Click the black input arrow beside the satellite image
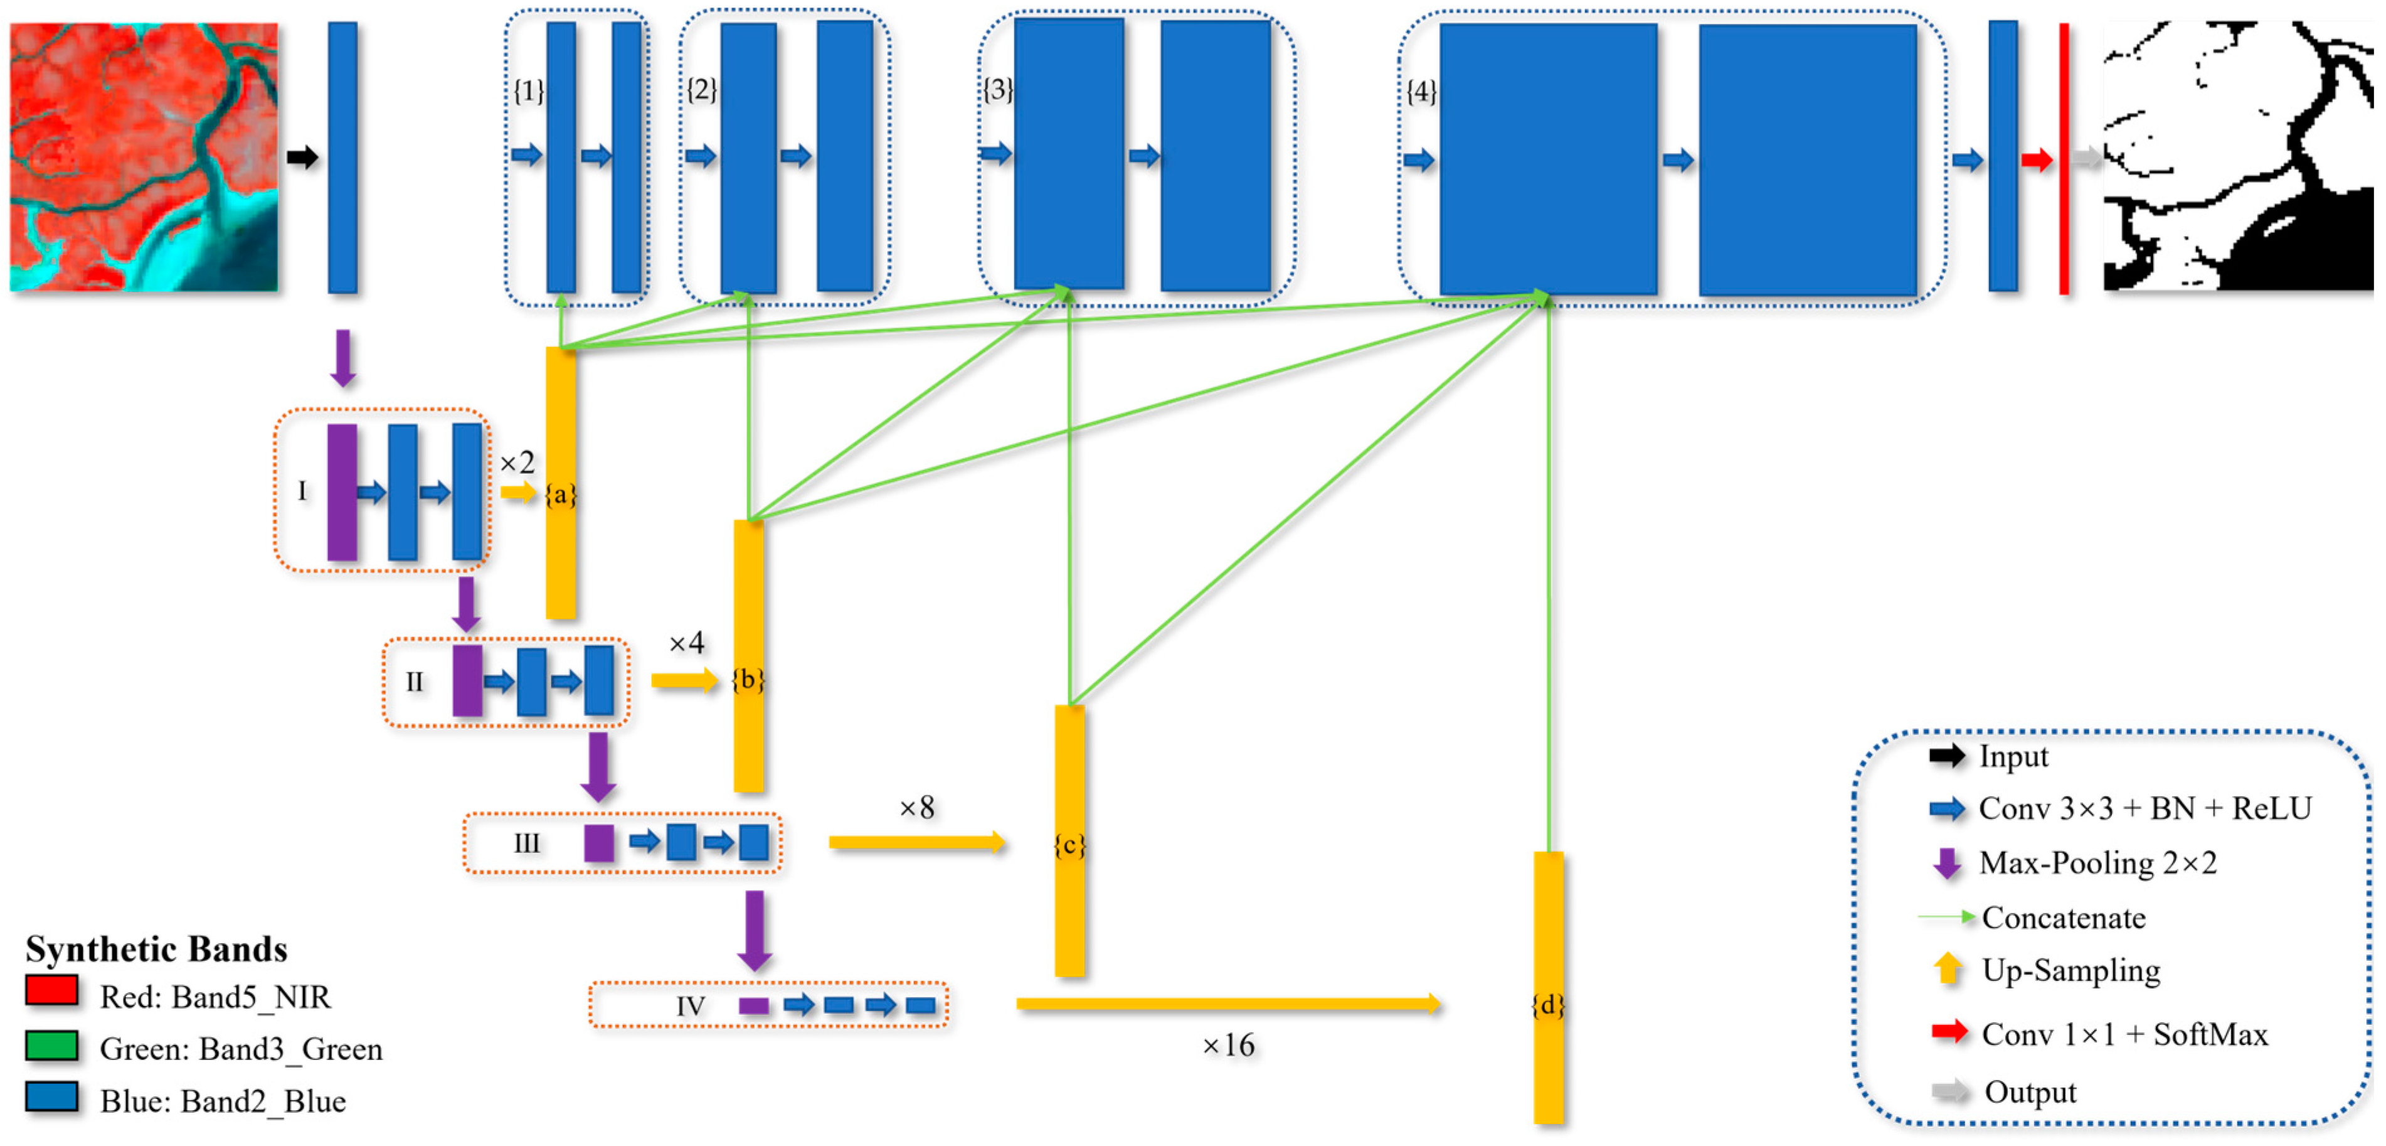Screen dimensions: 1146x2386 [302, 158]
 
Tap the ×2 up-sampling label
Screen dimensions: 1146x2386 [517, 463]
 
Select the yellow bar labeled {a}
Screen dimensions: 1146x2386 [560, 556]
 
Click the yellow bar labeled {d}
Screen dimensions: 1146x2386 [1549, 1066]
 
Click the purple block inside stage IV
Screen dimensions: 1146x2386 [754, 1006]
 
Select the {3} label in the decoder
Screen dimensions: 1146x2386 [997, 90]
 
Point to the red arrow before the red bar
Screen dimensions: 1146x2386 [2037, 160]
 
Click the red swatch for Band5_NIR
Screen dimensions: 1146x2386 [52, 990]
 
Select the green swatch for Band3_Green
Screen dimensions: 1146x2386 [52, 1045]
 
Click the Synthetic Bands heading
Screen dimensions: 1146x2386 [156, 950]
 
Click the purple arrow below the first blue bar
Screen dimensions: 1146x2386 [342, 358]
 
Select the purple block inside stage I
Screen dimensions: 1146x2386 [342, 492]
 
